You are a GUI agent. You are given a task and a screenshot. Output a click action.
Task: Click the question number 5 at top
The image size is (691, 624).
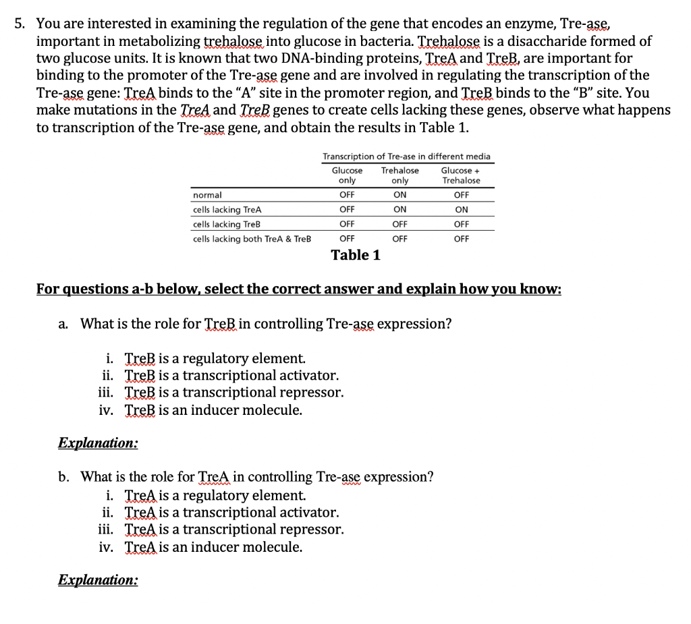pyautogui.click(x=20, y=24)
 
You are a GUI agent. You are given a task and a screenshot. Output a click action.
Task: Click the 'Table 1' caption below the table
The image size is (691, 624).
pyautogui.click(x=355, y=255)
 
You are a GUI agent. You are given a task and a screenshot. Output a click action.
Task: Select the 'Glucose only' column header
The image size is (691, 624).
pyautogui.click(x=347, y=175)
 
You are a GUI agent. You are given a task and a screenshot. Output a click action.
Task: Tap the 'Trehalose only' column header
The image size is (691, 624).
pyautogui.click(x=399, y=175)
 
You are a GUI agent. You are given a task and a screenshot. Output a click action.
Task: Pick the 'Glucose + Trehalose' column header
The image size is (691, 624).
pyautogui.click(x=461, y=175)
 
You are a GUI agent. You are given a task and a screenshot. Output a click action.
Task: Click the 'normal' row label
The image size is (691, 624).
pyautogui.click(x=207, y=195)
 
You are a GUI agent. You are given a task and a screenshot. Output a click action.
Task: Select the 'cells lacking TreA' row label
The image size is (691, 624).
pyautogui.click(x=227, y=210)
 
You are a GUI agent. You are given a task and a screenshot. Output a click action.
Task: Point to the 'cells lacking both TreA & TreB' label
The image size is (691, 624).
pyautogui.click(x=252, y=239)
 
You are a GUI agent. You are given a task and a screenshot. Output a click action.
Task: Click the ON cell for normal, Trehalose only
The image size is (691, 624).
pyautogui.click(x=399, y=195)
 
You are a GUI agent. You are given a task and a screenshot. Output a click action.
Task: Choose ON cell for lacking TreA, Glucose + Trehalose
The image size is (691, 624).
pyautogui.click(x=461, y=210)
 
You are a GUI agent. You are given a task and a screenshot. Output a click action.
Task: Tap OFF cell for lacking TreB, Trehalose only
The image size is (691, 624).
pyautogui.click(x=399, y=224)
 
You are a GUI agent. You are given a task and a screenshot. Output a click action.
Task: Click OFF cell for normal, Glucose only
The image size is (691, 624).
pyautogui.click(x=347, y=195)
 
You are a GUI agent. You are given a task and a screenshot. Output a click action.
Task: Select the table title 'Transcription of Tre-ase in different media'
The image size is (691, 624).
pyautogui.click(x=406, y=157)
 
